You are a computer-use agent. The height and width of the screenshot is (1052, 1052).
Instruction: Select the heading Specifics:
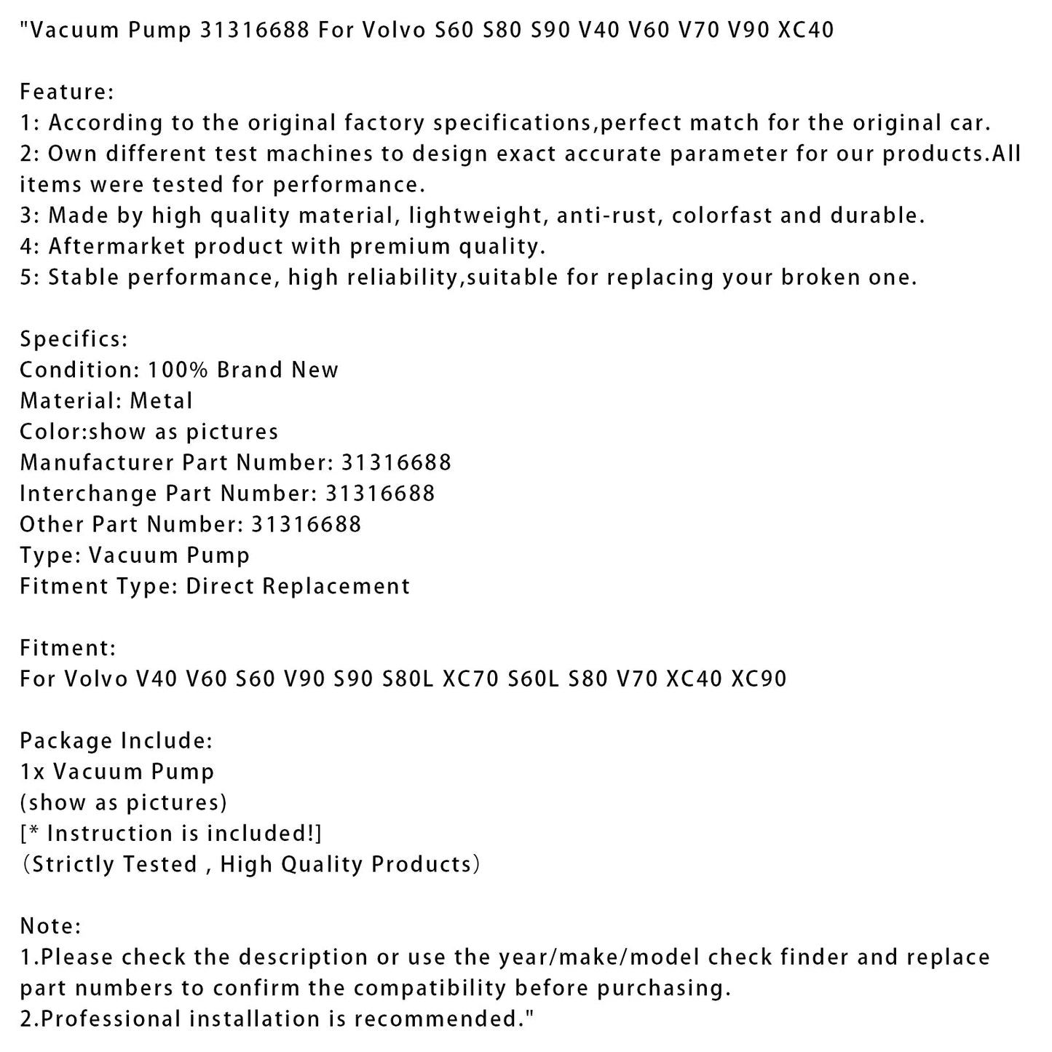pos(74,339)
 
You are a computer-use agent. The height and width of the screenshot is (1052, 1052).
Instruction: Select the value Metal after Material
pos(161,401)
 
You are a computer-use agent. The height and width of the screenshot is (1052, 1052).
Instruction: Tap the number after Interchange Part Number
pos(380,494)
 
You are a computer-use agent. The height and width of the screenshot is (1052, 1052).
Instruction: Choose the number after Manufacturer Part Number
pos(396,462)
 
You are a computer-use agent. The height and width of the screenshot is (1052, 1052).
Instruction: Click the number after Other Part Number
pos(306,524)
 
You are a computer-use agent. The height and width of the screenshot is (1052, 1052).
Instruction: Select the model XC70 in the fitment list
pos(470,679)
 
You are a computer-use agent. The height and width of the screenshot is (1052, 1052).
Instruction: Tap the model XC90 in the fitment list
pos(759,679)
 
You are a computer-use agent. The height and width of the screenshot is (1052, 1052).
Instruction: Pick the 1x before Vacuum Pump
pos(32,772)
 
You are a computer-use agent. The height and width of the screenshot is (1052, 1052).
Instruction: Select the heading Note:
pos(50,926)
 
